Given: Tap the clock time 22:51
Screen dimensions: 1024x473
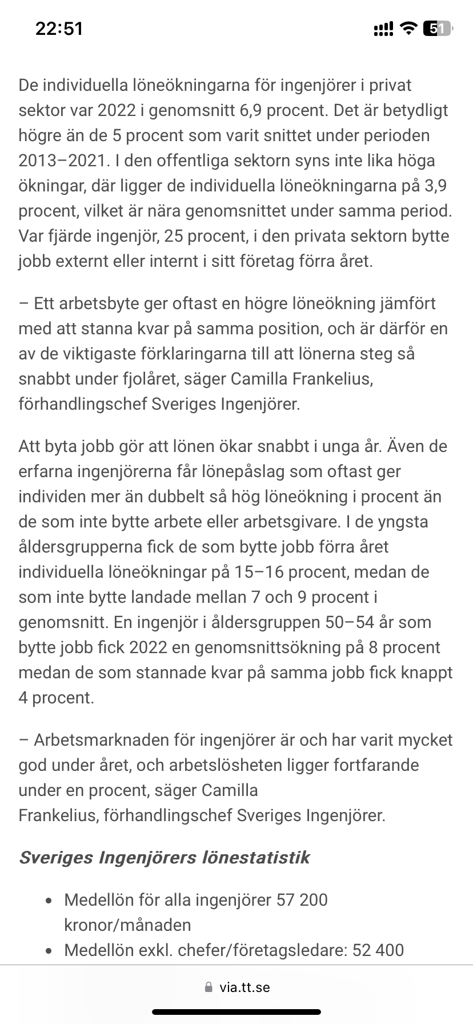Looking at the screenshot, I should coord(59,29).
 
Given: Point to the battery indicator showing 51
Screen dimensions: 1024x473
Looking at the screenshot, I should coord(437,29).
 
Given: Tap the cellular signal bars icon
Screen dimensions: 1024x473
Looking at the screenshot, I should coord(383,29).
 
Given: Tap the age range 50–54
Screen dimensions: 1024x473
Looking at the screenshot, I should coord(360,622).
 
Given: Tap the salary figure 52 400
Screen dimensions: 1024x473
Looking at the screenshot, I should coord(378,950).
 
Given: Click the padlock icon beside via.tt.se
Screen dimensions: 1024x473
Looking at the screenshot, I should coord(207,987).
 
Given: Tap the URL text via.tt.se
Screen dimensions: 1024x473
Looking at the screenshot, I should coord(244,987).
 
